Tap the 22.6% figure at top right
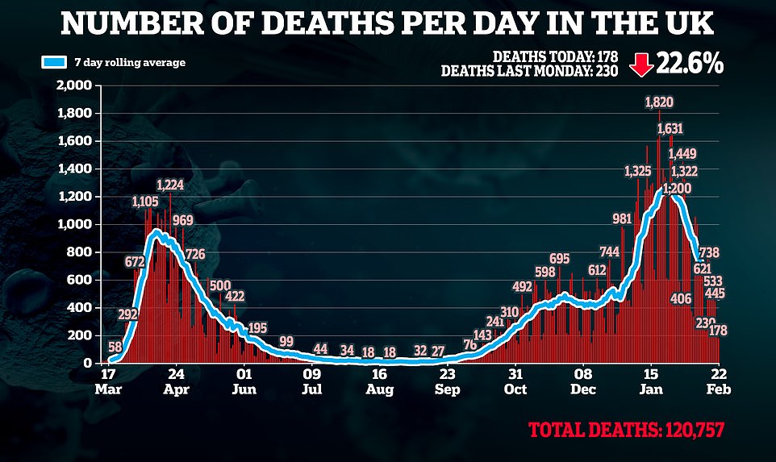point(690,65)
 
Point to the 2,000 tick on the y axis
point(73,85)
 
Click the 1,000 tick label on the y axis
point(73,224)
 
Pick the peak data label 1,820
point(659,102)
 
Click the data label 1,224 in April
point(169,185)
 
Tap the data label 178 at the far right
point(718,331)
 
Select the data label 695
point(560,259)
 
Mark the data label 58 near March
point(115,347)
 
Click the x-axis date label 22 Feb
point(718,381)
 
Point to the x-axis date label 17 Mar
point(107,381)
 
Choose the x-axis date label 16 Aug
point(379,381)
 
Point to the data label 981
point(622,219)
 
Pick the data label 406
point(681,299)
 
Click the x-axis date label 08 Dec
point(583,381)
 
